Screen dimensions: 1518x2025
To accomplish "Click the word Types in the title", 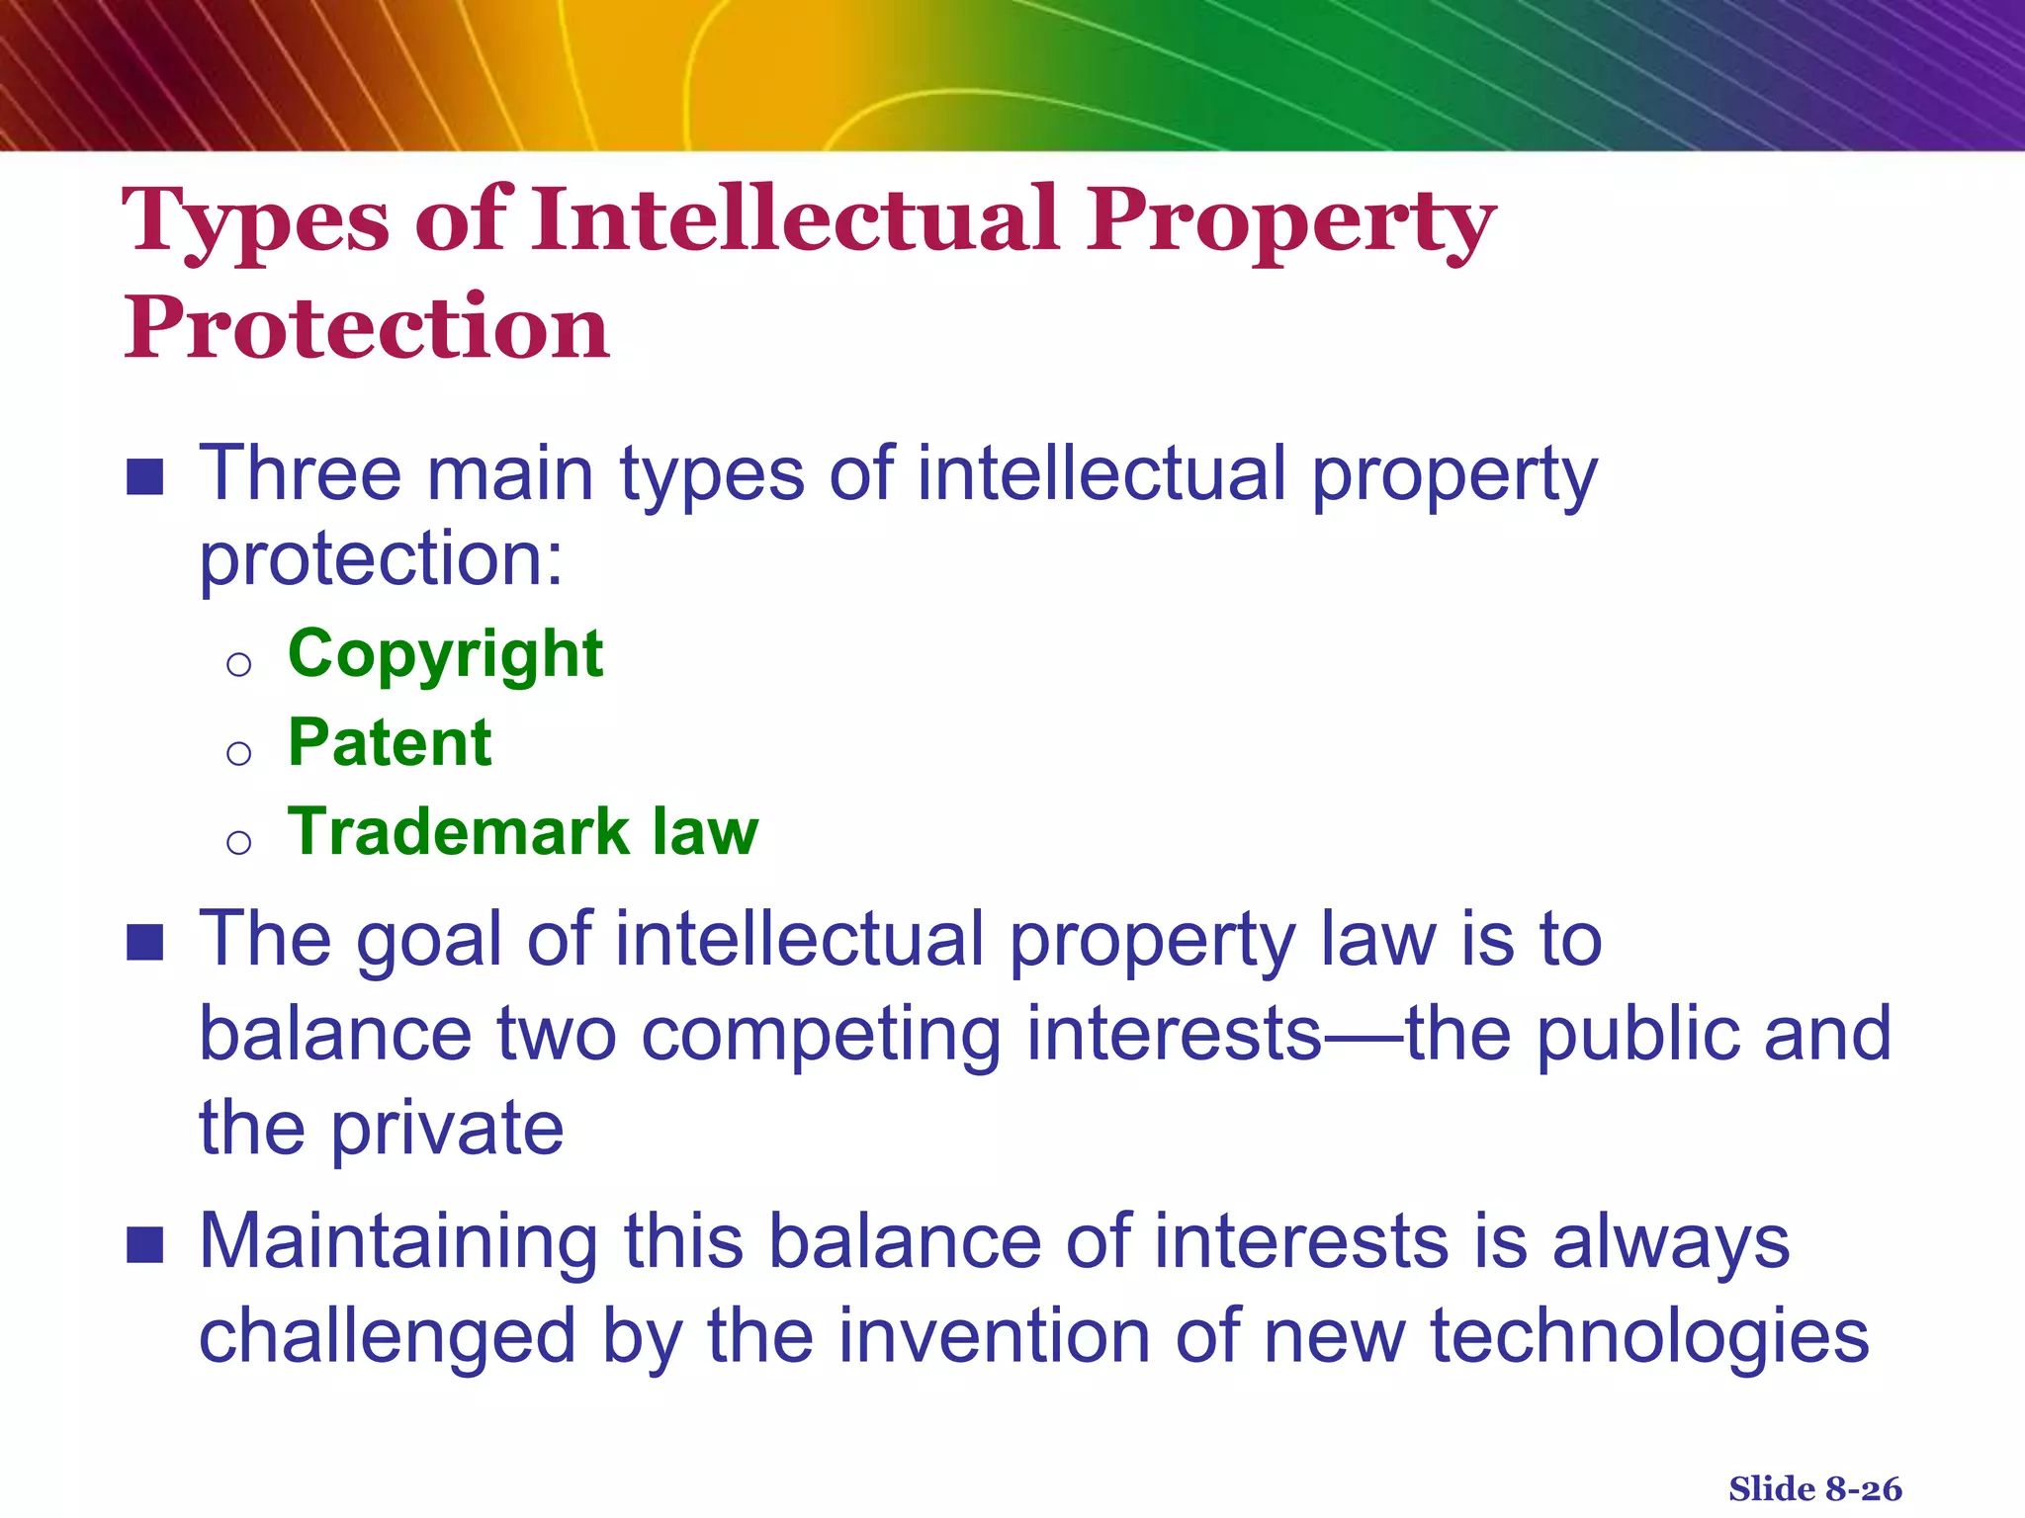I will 255,222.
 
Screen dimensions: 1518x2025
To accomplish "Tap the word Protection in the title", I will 366,329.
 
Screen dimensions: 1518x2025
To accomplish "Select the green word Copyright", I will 445,655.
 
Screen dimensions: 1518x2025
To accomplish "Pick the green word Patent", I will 390,743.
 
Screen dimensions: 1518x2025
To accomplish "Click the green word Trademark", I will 458,832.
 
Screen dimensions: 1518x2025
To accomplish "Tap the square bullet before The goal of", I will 145,943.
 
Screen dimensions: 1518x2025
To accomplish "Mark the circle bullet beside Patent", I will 238,754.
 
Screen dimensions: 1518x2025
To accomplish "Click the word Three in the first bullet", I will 300,474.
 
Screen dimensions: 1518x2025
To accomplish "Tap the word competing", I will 821,1035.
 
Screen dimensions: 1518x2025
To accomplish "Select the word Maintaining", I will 398,1242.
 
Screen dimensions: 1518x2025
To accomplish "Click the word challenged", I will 387,1336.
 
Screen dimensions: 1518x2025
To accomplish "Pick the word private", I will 447,1129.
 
